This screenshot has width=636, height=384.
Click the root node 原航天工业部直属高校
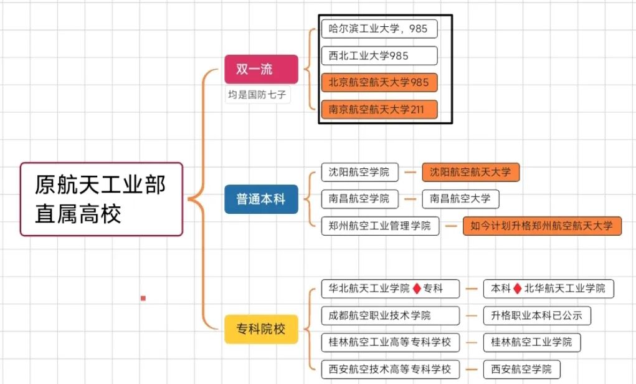[x=102, y=199]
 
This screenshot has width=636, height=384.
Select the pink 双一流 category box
[x=261, y=69]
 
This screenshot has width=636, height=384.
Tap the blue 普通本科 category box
[x=261, y=199]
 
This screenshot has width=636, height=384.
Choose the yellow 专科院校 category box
[x=261, y=329]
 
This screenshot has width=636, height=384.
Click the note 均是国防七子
[x=258, y=95]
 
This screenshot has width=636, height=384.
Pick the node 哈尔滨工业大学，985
[x=379, y=29]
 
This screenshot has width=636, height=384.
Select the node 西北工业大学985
[x=379, y=55]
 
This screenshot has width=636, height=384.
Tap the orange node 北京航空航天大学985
[x=379, y=82]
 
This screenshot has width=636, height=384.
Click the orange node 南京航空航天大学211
[x=379, y=110]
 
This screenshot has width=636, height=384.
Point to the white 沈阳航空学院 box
[x=359, y=172]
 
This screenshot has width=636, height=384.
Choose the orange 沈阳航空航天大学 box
[x=470, y=172]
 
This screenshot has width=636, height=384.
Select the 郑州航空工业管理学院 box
[x=380, y=226]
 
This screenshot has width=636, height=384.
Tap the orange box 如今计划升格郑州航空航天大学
[x=542, y=226]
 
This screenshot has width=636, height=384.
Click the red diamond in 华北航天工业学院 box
[x=417, y=289]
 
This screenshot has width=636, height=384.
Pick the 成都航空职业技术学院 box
[x=390, y=315]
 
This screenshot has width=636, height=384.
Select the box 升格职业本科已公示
[x=536, y=315]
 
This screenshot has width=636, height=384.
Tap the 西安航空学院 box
[x=521, y=369]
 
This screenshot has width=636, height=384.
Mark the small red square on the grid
[x=143, y=299]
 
